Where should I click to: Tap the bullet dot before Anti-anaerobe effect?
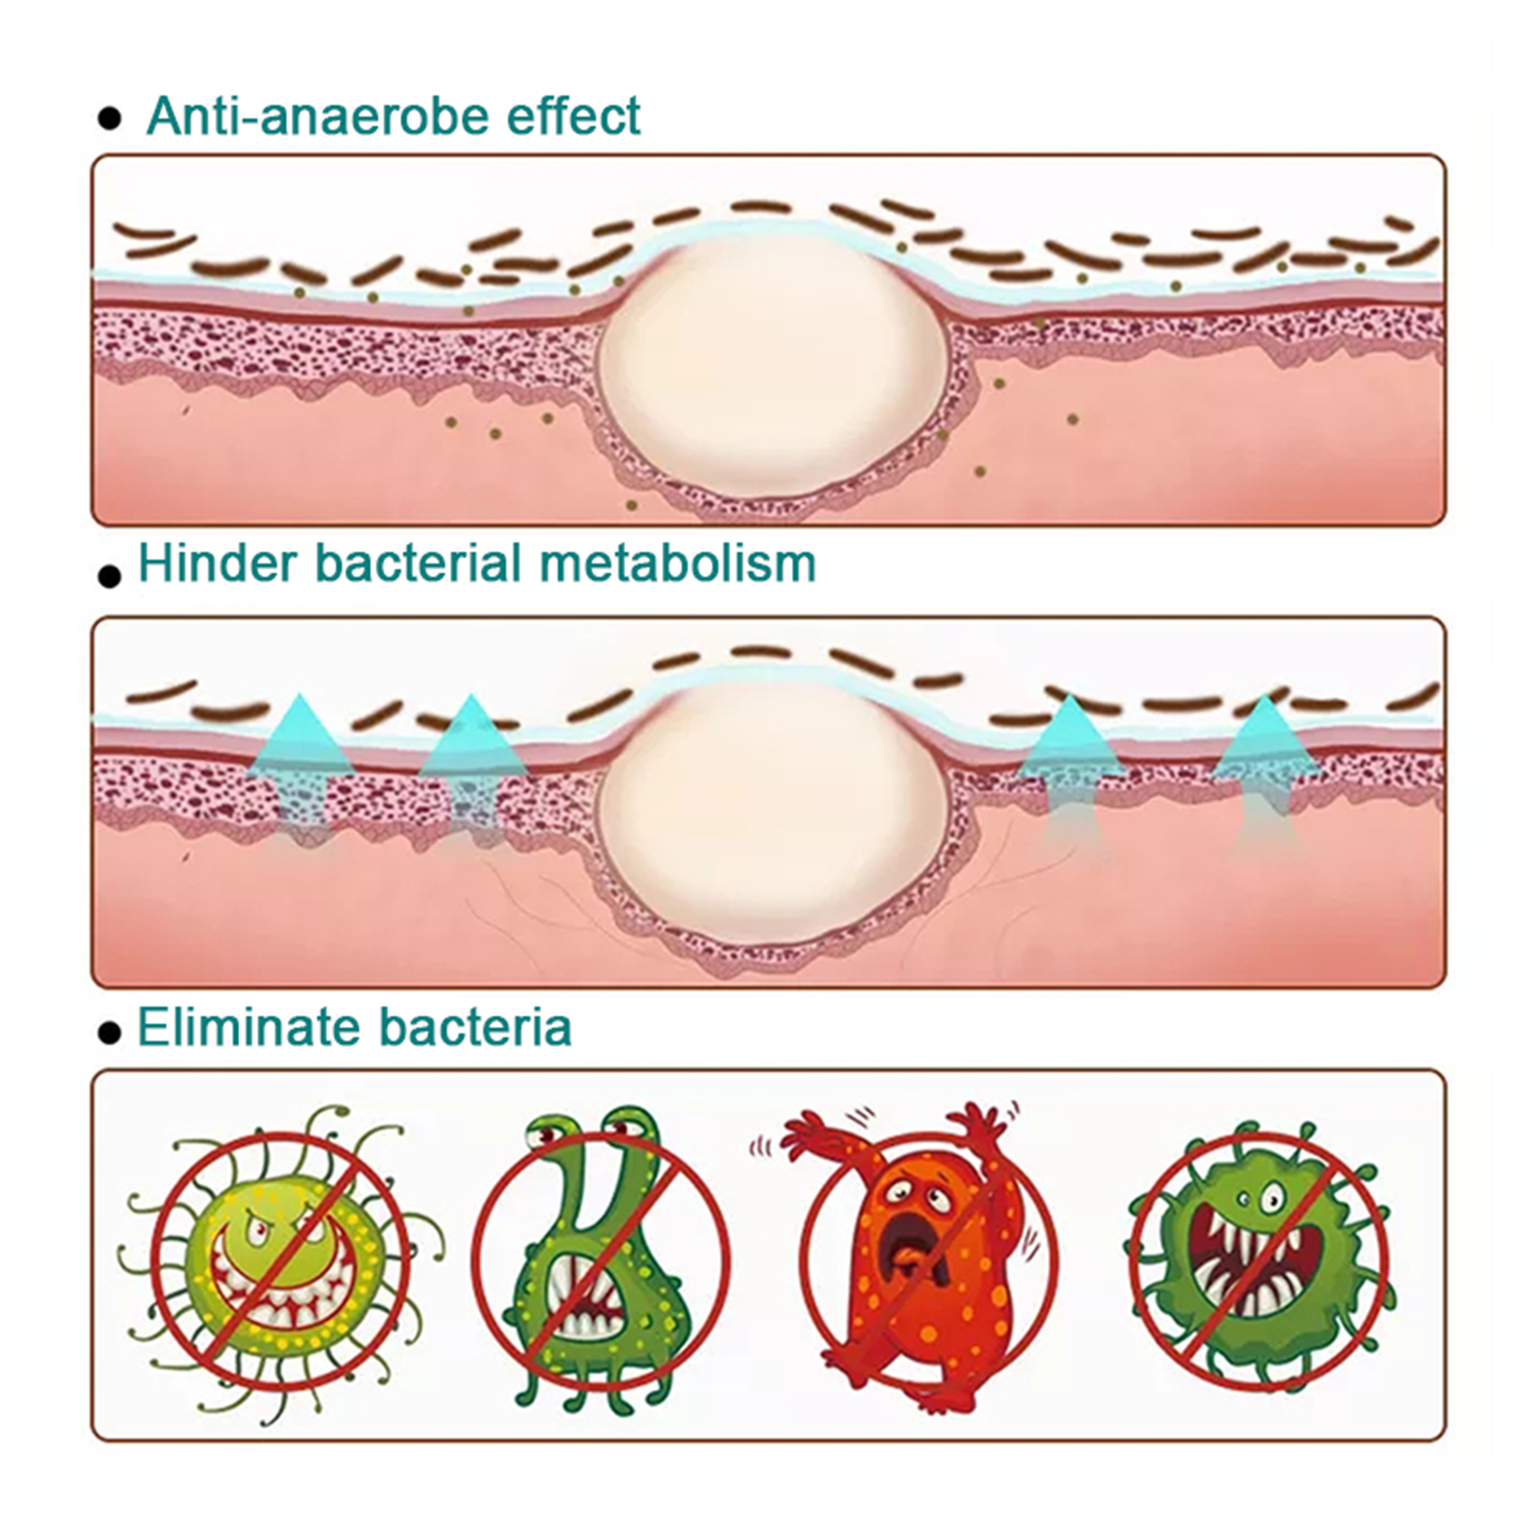pos(111,119)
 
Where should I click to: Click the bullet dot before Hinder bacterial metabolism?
pos(111,576)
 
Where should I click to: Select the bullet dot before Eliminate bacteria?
pos(111,1032)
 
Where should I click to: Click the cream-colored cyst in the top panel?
pos(772,368)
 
